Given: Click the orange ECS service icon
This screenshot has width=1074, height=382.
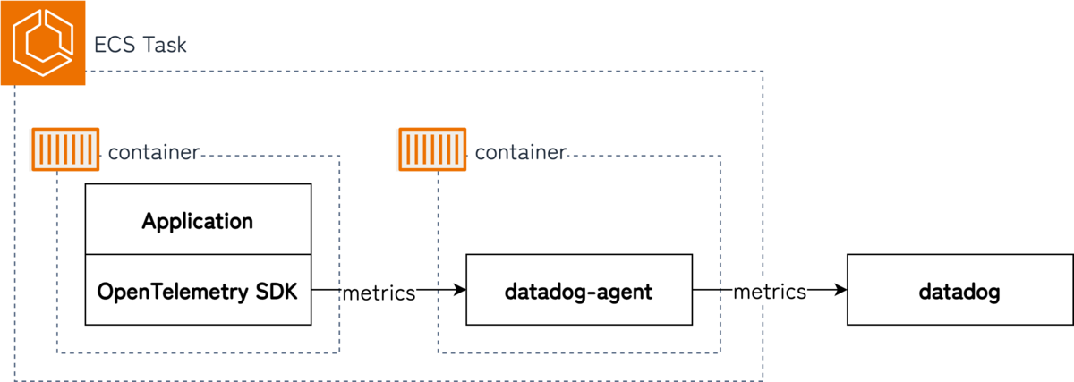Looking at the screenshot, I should pyautogui.click(x=42, y=43).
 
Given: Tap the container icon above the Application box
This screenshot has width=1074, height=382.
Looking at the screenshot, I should pyautogui.click(x=64, y=149).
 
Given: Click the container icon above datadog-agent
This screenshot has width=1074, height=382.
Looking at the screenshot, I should pyautogui.click(x=430, y=149).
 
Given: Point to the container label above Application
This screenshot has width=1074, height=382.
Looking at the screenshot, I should pyautogui.click(x=153, y=152).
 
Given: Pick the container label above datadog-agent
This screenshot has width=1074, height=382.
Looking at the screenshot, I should pyautogui.click(x=520, y=152).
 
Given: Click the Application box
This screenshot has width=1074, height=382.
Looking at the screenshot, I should pyautogui.click(x=198, y=220).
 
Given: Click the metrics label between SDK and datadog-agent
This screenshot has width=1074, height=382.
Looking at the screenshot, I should pyautogui.click(x=379, y=293).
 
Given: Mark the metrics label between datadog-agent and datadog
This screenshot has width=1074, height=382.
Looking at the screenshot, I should pyautogui.click(x=770, y=292).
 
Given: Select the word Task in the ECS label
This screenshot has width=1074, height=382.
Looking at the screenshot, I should pyautogui.click(x=166, y=44).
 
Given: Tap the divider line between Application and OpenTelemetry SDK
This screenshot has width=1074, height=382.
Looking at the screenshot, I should pyautogui.click(x=198, y=255).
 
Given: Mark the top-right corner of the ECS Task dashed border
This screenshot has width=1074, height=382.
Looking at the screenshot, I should pyautogui.click(x=763, y=70).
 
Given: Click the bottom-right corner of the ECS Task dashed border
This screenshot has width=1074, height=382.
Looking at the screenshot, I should pyautogui.click(x=763, y=380).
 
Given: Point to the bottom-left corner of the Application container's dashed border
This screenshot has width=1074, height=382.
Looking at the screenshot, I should pyautogui.click(x=57, y=353).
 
